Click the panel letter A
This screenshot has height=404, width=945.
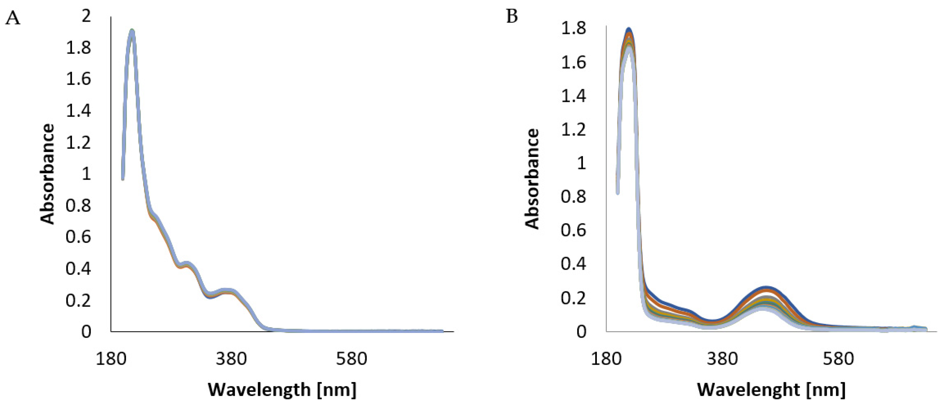[x=13, y=18]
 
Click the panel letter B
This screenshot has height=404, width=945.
[x=512, y=16]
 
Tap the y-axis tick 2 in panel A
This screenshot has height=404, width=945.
[x=86, y=16]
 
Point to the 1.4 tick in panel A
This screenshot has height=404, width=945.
[x=78, y=110]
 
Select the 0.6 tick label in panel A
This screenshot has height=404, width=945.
[x=78, y=237]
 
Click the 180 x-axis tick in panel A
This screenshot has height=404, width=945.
[x=111, y=358]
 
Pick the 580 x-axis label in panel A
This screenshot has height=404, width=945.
[x=351, y=358]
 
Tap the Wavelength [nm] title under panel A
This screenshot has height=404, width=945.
[x=282, y=389]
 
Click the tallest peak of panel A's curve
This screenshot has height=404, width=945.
[x=132, y=31]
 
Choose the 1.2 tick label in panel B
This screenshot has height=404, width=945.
[x=573, y=129]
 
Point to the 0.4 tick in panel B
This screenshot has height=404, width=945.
[x=573, y=264]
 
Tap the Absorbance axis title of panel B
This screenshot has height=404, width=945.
[x=532, y=179]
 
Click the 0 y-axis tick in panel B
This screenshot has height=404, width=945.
[x=581, y=331]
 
